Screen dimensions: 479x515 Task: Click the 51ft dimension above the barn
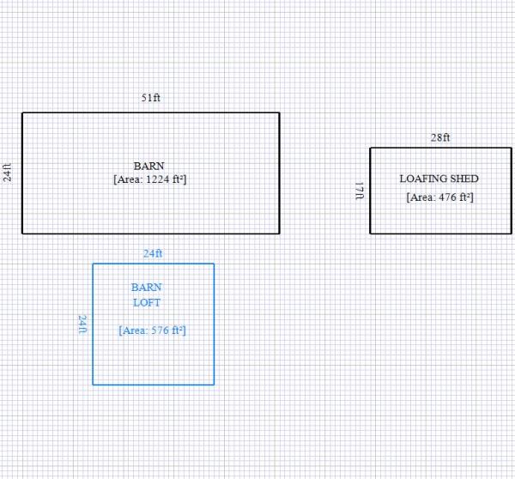(151, 98)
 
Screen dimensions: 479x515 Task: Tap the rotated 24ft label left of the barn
(8, 173)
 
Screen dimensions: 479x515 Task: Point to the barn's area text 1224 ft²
(150, 179)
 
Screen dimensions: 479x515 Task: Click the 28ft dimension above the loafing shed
(440, 137)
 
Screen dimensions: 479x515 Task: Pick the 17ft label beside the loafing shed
(360, 191)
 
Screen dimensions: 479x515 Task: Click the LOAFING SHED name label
(439, 179)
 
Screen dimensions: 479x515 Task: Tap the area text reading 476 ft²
(440, 197)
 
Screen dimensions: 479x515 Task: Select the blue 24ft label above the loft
(153, 253)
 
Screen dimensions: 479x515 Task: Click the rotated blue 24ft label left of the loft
(82, 324)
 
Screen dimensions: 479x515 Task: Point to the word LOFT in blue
(146, 302)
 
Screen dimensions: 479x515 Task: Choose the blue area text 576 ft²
(153, 330)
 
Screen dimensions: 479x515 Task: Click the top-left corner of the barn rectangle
(22, 112)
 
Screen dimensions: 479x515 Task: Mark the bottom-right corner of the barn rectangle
(279, 233)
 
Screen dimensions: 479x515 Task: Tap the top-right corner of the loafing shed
(511, 148)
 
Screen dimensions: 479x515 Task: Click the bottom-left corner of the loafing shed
(370, 233)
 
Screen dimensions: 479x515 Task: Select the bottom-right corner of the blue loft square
(214, 384)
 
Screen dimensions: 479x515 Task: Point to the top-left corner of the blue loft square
(94, 264)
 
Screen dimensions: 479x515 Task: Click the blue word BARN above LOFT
(146, 288)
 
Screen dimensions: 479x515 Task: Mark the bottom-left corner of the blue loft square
(94, 384)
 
